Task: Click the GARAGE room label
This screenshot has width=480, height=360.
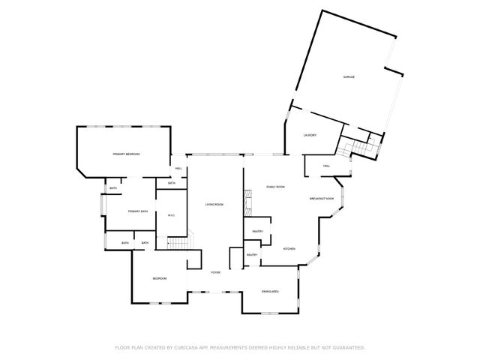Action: pyautogui.click(x=349, y=77)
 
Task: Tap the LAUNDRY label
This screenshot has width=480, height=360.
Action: pyautogui.click(x=310, y=135)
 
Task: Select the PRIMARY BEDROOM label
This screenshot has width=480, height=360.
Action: pyautogui.click(x=127, y=154)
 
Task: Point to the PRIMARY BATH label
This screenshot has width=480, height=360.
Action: pyautogui.click(x=137, y=212)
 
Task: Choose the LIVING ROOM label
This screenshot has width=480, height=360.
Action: pyautogui.click(x=215, y=204)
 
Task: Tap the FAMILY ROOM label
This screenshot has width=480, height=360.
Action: pyautogui.click(x=275, y=186)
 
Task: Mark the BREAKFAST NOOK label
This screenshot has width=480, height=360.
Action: pyautogui.click(x=322, y=198)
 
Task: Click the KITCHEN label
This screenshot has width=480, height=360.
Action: pyautogui.click(x=289, y=249)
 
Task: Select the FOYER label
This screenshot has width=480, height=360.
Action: pyautogui.click(x=215, y=272)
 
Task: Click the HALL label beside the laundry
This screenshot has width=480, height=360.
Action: pyautogui.click(x=327, y=166)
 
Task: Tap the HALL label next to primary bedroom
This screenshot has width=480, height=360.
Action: pyautogui.click(x=178, y=169)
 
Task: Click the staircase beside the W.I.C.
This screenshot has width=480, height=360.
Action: pyautogui.click(x=178, y=243)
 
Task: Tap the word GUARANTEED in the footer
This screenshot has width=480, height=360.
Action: pyautogui.click(x=346, y=347)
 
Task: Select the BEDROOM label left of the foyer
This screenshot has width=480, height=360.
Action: pyautogui.click(x=159, y=279)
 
